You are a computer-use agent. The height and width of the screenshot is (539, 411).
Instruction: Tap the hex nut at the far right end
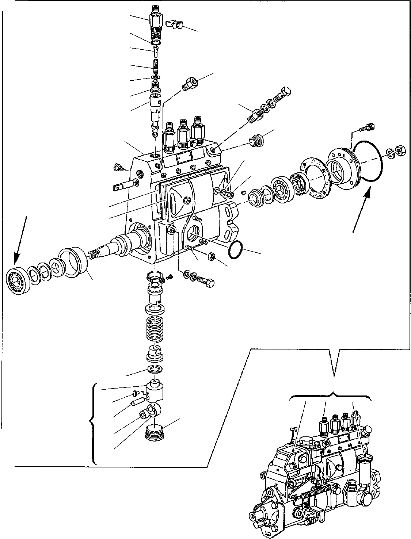point(400,150)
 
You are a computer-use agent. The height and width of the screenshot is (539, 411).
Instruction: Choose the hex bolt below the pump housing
point(206,282)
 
